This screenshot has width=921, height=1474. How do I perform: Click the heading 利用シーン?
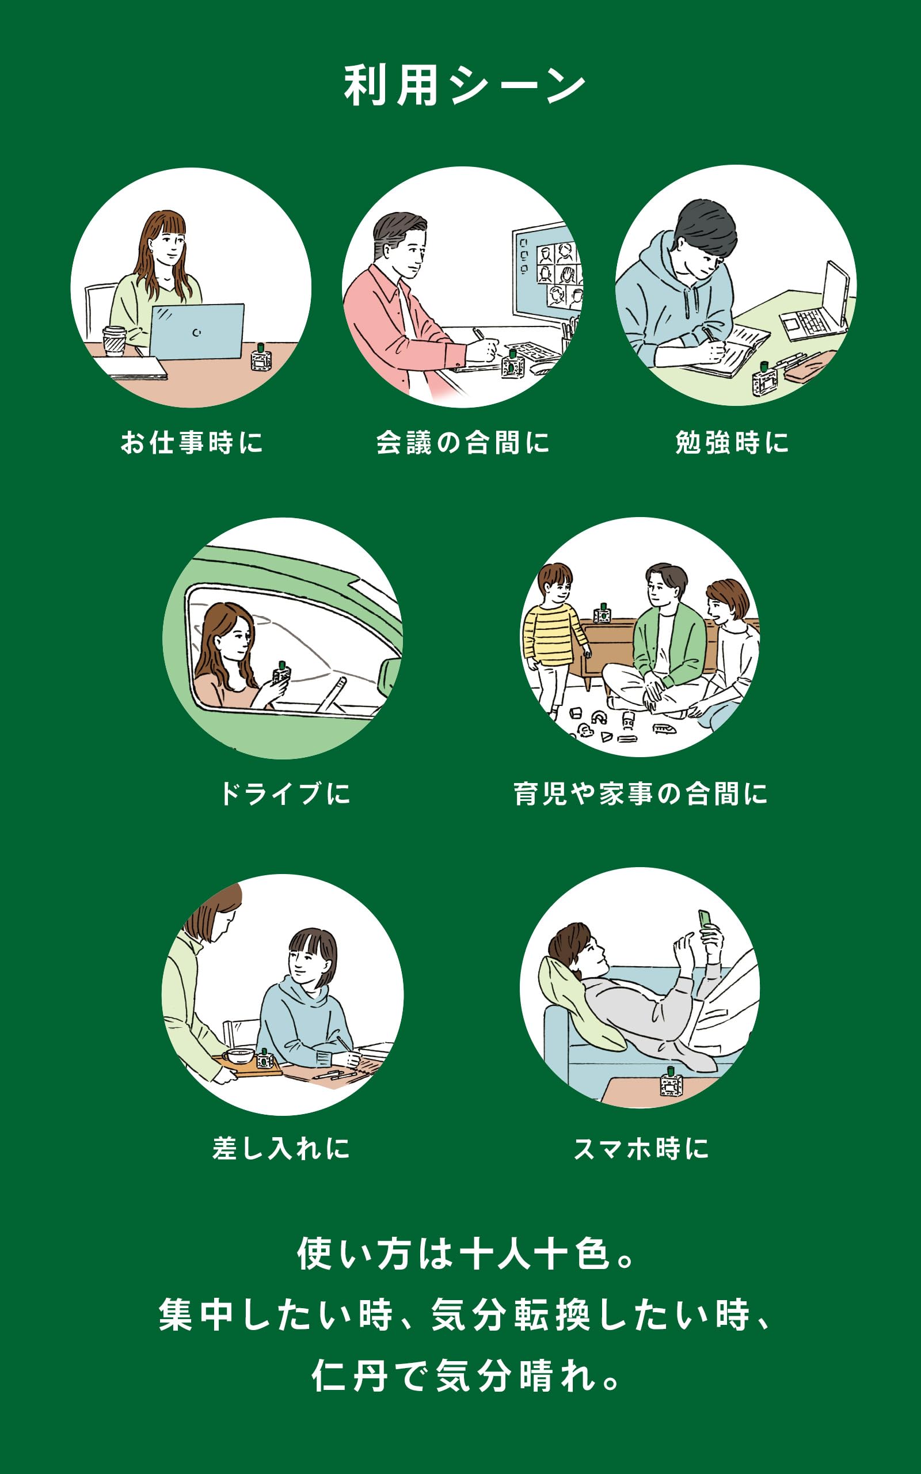[x=464, y=86]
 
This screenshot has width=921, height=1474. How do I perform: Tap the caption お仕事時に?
[x=192, y=443]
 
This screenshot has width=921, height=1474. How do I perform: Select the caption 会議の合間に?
[x=463, y=443]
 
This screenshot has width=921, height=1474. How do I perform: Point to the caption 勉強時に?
[x=732, y=443]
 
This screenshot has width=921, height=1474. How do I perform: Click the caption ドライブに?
[x=285, y=793]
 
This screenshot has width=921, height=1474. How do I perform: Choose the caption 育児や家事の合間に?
[x=640, y=793]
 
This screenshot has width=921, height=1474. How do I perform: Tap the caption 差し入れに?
[x=281, y=1148]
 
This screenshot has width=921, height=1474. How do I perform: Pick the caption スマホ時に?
[x=641, y=1148]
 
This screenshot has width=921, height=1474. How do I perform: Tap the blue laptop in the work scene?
[x=196, y=330]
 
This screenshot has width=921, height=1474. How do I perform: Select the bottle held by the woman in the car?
[x=281, y=673]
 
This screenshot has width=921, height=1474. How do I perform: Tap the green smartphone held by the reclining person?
[x=705, y=918]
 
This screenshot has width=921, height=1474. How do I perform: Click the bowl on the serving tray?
[x=239, y=1054]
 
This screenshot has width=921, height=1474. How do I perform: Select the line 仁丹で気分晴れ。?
[x=464, y=1376]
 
